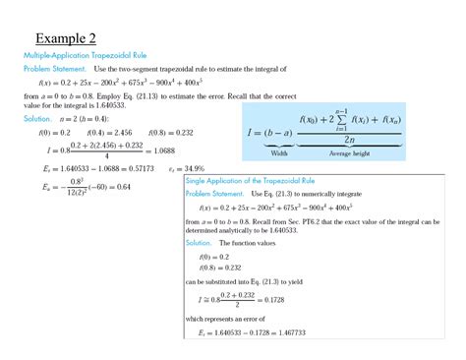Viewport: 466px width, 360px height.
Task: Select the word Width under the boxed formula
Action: point(278,153)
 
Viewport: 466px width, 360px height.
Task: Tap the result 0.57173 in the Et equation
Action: point(118,167)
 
